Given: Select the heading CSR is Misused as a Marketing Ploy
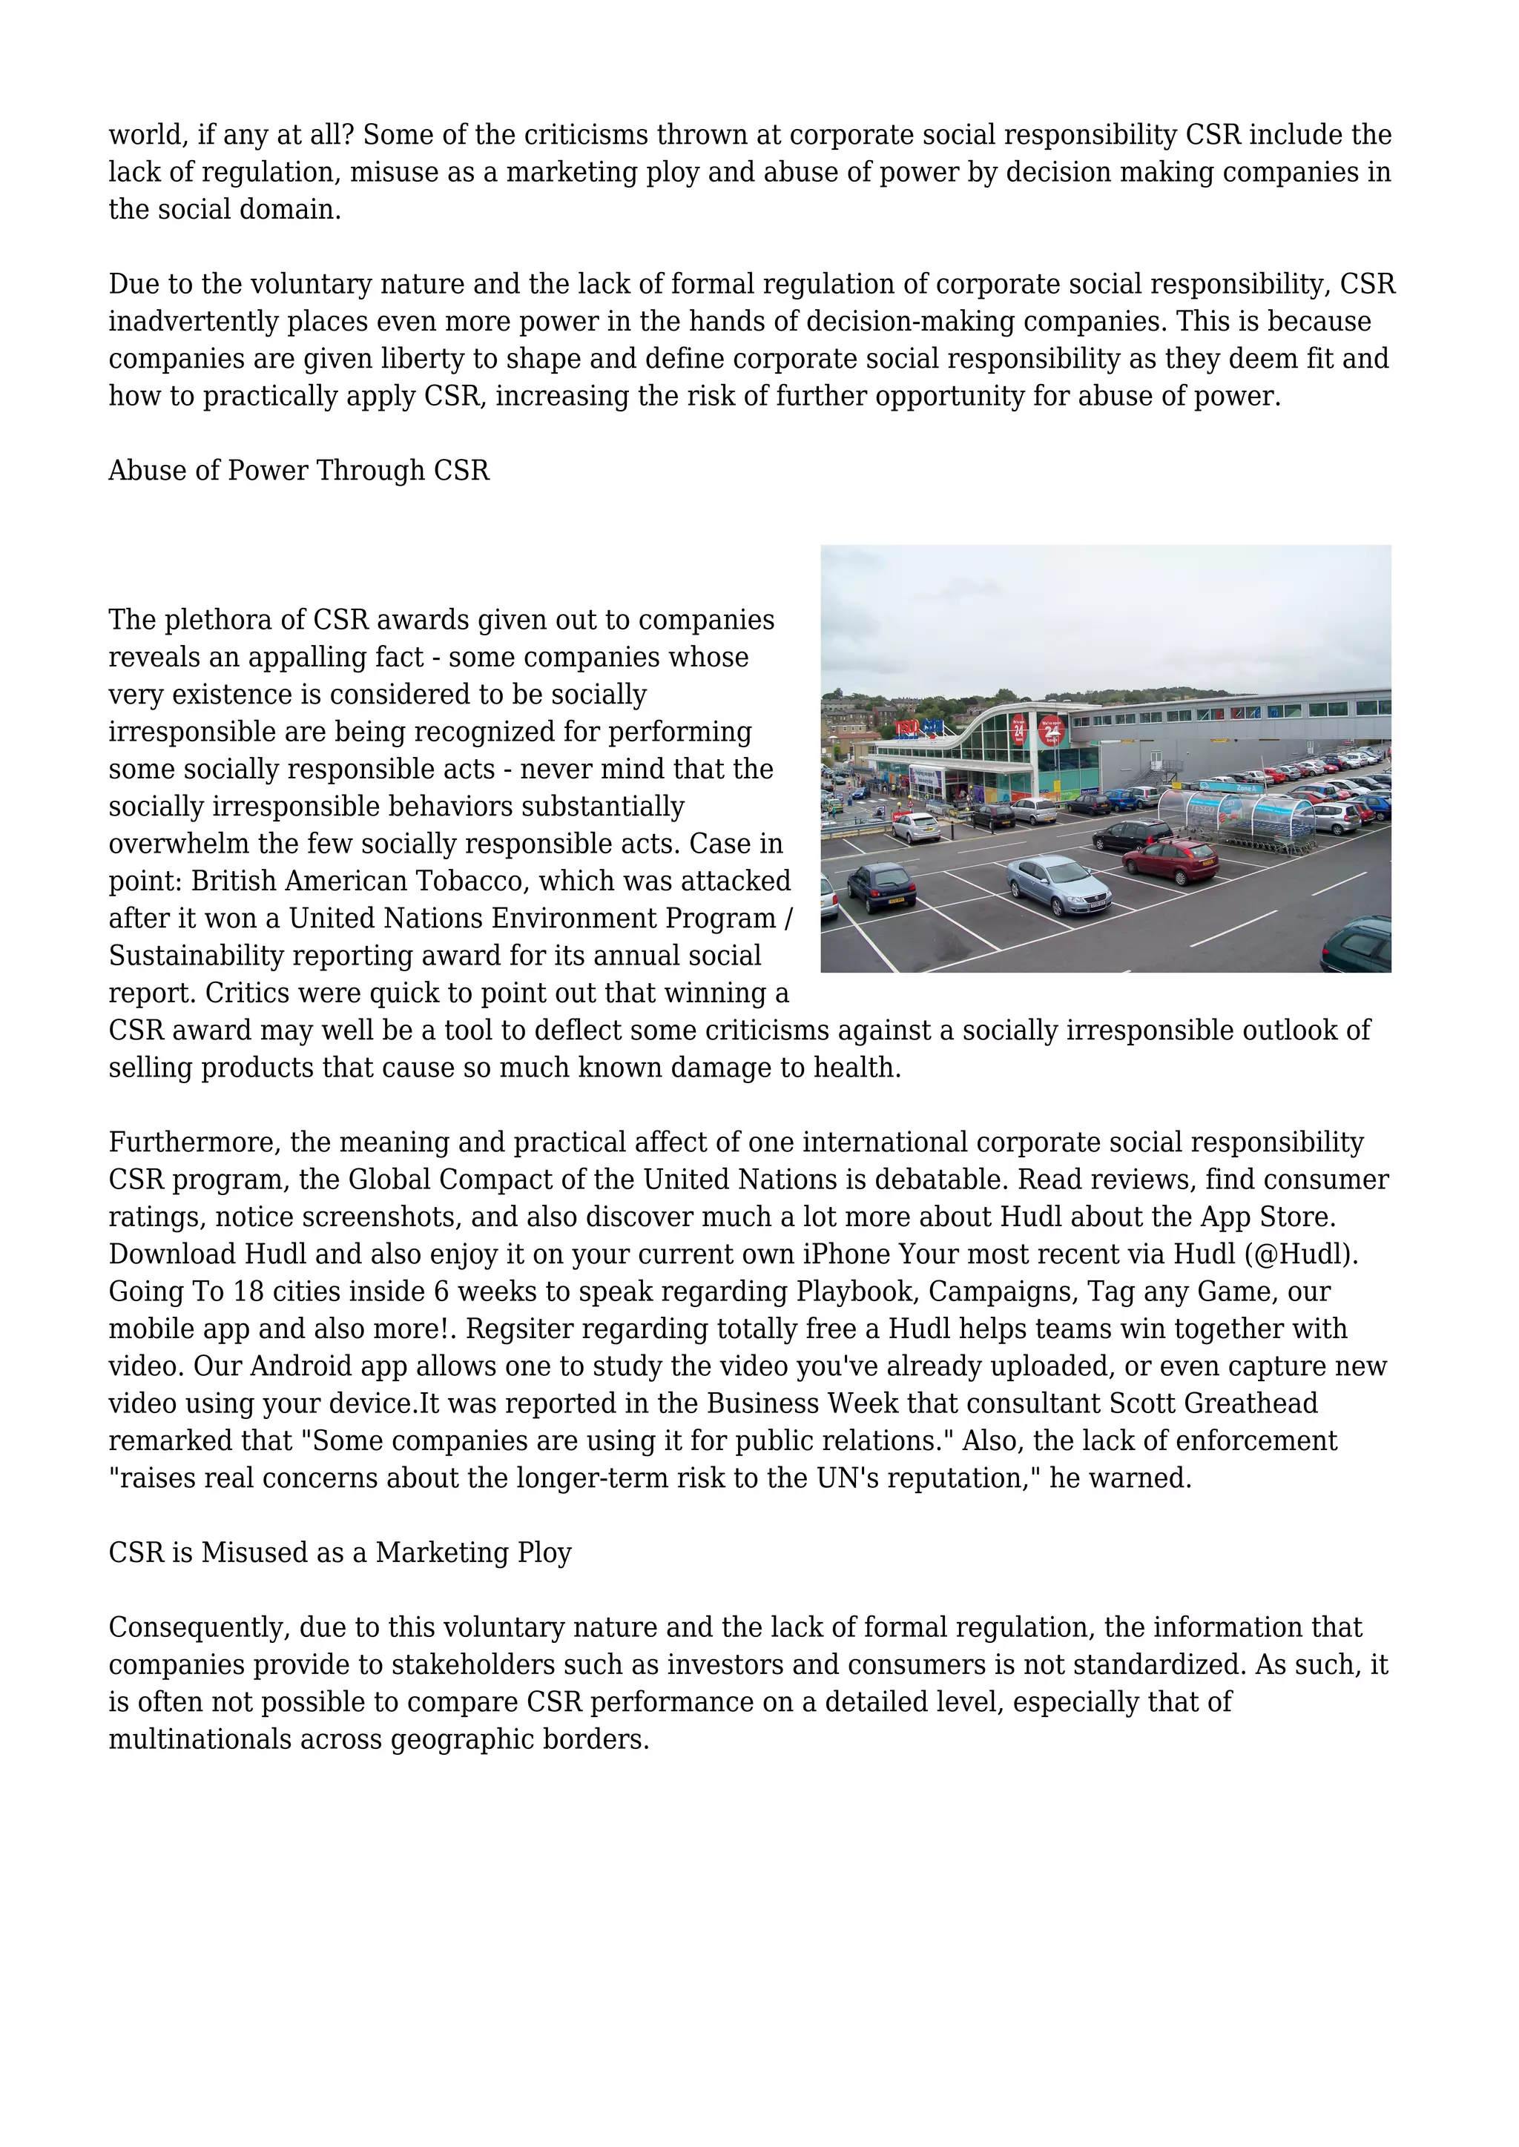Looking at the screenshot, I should (340, 1552).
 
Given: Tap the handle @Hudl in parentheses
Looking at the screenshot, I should (1301, 1254).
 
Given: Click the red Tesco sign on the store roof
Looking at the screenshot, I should (906, 727).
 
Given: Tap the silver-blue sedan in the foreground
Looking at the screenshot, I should (1059, 883).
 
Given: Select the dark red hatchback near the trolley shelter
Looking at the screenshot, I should (1170, 859).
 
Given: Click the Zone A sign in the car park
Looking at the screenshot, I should (1246, 788).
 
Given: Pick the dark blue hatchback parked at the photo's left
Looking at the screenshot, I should (880, 885).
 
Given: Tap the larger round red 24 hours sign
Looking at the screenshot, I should (1050, 730).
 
